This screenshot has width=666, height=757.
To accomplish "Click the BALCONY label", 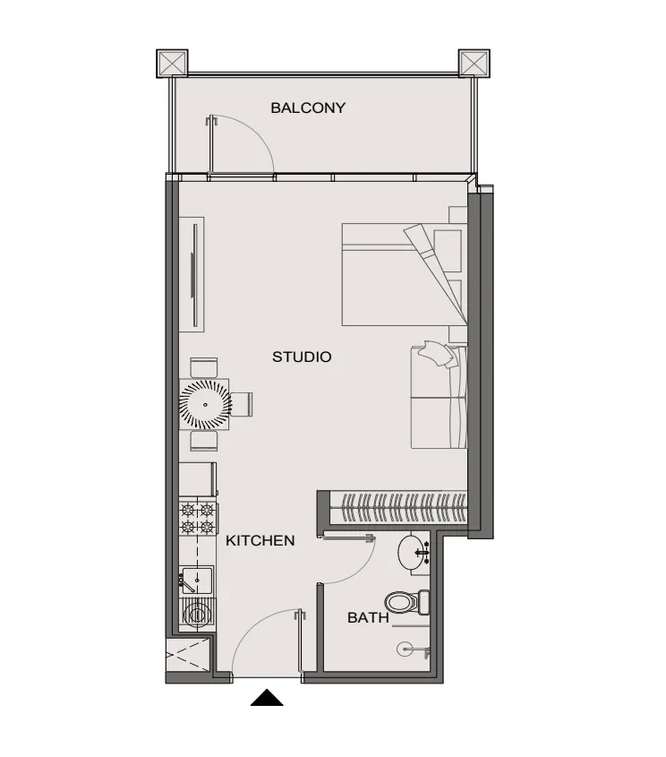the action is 308,108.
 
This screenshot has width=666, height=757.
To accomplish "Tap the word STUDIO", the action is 302,357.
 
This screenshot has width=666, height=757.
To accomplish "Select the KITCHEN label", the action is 260,540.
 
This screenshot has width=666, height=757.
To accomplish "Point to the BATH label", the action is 368,617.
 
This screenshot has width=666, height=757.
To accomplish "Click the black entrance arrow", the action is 267,698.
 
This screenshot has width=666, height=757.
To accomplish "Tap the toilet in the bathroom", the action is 407,601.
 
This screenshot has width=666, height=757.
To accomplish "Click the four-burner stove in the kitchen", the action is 198,518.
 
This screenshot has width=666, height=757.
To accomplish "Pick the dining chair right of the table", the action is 242,404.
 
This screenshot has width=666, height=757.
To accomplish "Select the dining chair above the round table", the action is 203,368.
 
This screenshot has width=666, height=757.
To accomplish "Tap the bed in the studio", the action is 405,274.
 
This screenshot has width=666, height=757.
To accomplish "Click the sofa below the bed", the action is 439,397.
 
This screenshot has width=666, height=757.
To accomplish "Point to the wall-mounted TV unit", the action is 192,274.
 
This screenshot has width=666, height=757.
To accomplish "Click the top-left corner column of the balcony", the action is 172,63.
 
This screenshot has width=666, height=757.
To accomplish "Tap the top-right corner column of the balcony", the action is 474,63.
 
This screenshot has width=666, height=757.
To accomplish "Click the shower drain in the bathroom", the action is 404,649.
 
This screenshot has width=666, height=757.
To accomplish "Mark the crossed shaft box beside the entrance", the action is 188,655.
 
